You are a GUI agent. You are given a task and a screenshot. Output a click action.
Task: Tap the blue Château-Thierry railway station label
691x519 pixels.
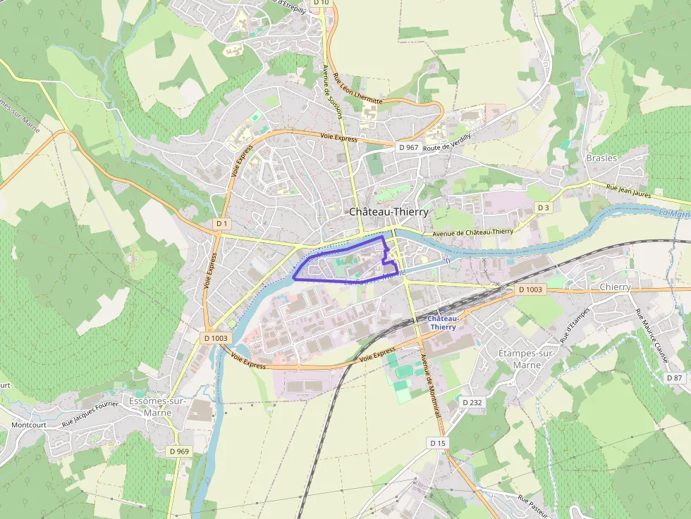tap(443, 323)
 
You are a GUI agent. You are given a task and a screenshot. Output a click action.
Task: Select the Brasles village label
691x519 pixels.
tap(601, 158)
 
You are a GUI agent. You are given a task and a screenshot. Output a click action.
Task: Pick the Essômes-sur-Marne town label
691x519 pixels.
tap(157, 406)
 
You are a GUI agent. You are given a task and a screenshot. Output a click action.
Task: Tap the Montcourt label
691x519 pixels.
tap(28, 425)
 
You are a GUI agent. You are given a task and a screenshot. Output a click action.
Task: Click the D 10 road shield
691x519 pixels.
tap(322, 3)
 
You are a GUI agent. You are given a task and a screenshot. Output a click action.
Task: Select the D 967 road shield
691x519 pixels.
tap(408, 147)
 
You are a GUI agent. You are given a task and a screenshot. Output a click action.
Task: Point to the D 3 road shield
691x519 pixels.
tap(543, 208)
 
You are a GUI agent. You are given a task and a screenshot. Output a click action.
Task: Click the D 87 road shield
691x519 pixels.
tap(675, 378)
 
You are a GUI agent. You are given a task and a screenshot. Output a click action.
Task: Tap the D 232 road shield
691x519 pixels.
tap(472, 401)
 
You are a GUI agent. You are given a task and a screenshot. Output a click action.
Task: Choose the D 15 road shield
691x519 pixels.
tap(438, 443)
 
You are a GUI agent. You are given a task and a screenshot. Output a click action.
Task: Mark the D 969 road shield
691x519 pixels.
tap(179, 451)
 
